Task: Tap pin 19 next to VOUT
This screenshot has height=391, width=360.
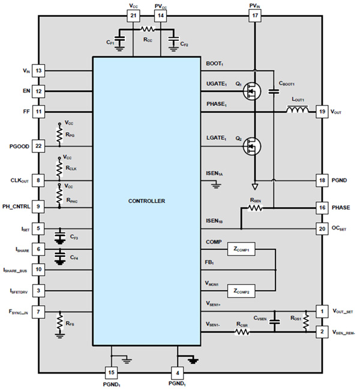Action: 322,112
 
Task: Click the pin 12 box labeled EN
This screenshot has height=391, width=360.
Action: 38,91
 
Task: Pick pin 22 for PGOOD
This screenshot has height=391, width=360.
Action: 38,146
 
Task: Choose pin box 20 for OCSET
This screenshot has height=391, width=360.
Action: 322,228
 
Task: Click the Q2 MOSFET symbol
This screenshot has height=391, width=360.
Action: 253,146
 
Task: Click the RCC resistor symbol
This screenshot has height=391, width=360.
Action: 147,28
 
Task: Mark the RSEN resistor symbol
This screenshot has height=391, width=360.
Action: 256,208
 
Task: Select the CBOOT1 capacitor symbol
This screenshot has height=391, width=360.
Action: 274,92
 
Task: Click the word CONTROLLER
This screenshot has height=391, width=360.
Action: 148,201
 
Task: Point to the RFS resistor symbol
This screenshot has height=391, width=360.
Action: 59,324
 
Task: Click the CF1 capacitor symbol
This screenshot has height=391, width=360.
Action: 120,40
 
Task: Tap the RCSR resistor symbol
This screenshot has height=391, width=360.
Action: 242,331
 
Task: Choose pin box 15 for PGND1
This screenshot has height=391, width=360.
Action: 111,371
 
